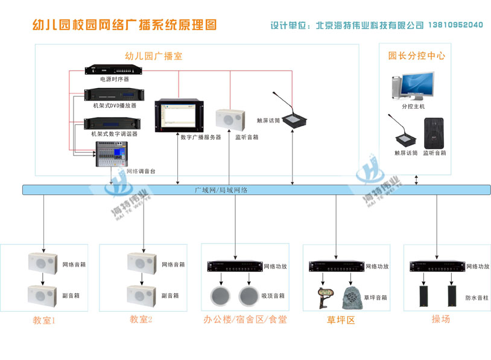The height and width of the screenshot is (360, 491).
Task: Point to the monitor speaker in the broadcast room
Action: coord(230,119)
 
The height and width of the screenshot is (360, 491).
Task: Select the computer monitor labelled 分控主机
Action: coord(416,86)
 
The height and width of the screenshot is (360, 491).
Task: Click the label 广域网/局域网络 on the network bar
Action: coord(221,190)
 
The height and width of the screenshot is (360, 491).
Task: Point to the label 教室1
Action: coord(44,320)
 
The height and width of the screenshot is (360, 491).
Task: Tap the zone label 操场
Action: coord(441,319)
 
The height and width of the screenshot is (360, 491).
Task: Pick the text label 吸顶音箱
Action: coord(273,296)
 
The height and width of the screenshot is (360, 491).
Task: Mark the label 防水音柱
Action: coord(477,297)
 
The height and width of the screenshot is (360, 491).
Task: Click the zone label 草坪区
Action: coord(341,320)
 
